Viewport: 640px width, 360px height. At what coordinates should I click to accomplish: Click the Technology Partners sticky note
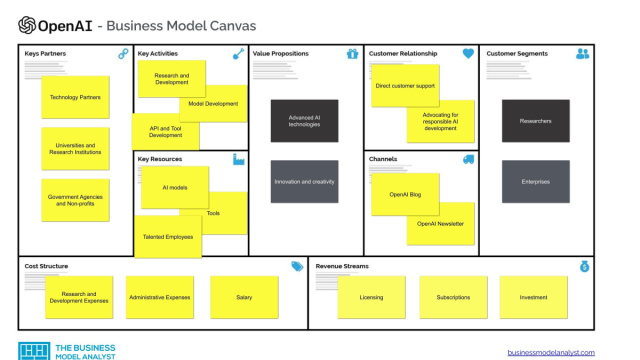tap(75, 97)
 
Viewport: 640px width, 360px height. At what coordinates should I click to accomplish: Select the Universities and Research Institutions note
tap(75, 148)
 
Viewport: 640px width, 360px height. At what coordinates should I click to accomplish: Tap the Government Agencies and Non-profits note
tap(75, 199)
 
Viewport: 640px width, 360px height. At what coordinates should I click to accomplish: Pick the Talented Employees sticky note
tap(167, 236)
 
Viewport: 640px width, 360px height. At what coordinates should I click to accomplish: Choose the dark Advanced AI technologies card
tap(304, 120)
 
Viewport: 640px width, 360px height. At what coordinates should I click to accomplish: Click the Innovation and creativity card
tap(304, 181)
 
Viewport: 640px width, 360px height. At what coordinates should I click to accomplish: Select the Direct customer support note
tap(405, 86)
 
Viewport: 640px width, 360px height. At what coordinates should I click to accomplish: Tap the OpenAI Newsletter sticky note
tap(440, 224)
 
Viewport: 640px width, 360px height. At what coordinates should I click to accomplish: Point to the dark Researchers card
tap(535, 120)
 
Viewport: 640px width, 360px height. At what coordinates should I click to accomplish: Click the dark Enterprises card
tap(535, 181)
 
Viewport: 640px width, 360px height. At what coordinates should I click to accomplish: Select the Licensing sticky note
tap(372, 297)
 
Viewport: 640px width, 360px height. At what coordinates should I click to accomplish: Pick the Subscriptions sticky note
tap(453, 297)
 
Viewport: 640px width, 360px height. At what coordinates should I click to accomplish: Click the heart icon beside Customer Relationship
tap(468, 54)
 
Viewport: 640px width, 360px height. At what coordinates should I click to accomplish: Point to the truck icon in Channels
tap(468, 159)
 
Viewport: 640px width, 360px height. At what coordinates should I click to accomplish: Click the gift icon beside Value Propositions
tap(352, 54)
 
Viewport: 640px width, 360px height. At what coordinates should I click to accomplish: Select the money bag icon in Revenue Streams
tap(584, 266)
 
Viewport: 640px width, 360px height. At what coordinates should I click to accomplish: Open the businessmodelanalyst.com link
tap(550, 352)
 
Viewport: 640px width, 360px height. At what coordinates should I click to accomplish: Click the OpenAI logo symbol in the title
tap(27, 25)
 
